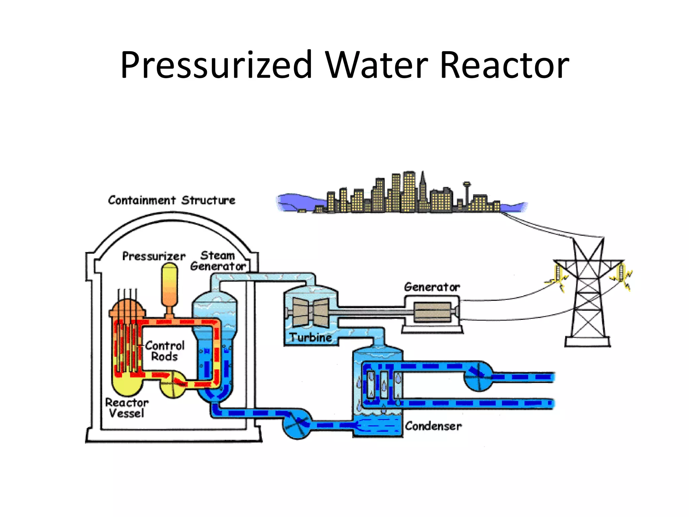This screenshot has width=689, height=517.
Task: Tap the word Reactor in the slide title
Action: (504, 65)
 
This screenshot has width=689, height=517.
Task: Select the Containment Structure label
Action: (172, 200)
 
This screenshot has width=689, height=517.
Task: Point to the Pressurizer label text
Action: (154, 256)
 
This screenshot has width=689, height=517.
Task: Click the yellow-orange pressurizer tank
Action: (170, 286)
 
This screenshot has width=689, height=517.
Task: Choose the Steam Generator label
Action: (218, 261)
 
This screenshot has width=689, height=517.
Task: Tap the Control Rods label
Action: (165, 351)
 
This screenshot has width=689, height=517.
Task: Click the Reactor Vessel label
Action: (126, 408)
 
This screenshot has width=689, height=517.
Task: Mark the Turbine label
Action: (311, 337)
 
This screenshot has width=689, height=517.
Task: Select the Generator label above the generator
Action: (432, 287)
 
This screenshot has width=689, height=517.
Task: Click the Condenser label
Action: (433, 426)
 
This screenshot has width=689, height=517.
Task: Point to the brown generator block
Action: (432, 312)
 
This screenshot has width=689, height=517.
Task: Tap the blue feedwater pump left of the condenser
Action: (297, 423)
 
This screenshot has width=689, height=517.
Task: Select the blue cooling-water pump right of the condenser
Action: (479, 376)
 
